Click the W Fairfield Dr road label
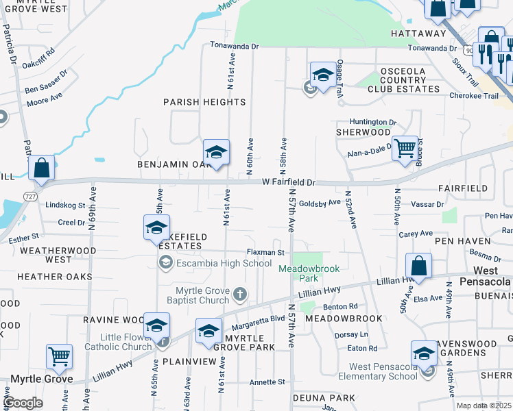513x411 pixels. click(288, 183)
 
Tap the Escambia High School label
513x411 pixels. click(215, 263)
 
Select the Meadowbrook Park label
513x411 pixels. click(309, 273)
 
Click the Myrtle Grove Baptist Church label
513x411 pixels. click(198, 295)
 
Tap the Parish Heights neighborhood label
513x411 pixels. click(204, 102)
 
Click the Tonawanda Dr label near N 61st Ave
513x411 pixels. click(234, 47)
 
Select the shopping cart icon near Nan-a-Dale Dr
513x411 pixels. click(405, 147)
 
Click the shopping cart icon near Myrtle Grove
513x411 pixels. click(60, 356)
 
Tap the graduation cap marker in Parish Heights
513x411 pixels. click(216, 152)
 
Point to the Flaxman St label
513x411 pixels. click(265, 253)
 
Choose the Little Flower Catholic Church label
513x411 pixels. click(118, 341)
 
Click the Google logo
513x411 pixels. click(23, 403)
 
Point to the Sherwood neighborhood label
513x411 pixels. click(357, 132)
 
